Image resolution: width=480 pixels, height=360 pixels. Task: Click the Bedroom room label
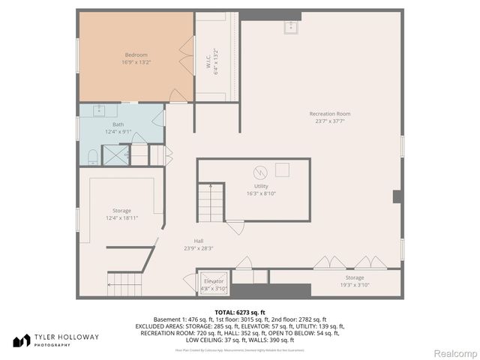136,55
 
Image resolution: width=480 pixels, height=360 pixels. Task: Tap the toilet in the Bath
93,156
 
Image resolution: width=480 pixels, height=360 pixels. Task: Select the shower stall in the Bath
115,155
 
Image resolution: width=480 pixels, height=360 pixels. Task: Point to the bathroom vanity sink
100,110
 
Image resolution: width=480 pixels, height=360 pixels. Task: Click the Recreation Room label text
329,114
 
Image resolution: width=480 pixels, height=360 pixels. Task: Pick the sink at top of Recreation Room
290,28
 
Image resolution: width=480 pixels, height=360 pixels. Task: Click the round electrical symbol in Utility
258,170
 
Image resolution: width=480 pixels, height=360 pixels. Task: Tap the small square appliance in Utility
282,169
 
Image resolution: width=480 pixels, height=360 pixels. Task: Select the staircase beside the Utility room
211,202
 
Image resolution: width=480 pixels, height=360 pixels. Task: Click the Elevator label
214,280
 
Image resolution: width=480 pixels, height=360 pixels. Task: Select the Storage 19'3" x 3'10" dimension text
354,285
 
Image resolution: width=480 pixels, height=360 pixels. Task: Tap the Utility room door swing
235,226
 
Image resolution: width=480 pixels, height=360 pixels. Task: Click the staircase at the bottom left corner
124,284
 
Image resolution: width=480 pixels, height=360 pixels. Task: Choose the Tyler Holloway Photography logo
55,340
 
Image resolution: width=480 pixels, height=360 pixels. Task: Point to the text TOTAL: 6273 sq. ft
240,312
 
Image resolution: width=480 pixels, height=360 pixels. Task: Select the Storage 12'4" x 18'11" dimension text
121,218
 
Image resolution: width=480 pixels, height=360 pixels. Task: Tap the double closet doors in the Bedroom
185,56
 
